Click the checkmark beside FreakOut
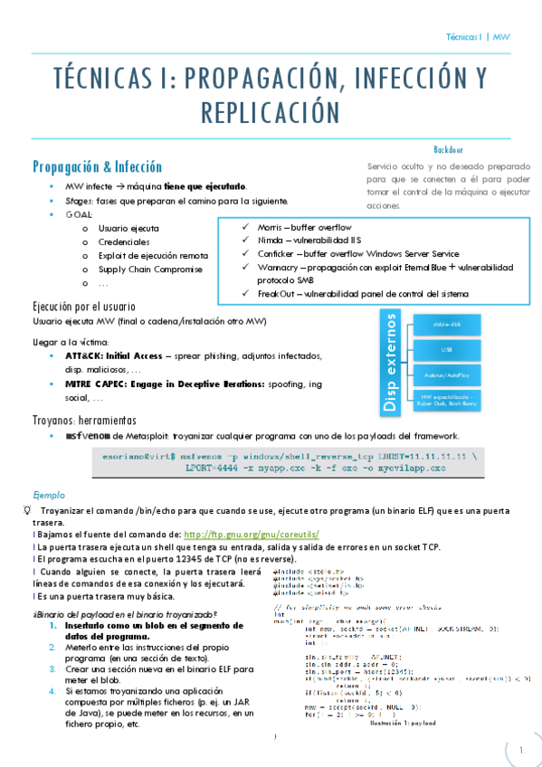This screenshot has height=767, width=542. click(x=234, y=293)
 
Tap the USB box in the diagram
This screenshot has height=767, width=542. click(x=447, y=349)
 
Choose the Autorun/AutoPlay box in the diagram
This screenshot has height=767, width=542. click(x=447, y=373)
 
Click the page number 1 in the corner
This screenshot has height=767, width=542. click(x=521, y=751)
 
